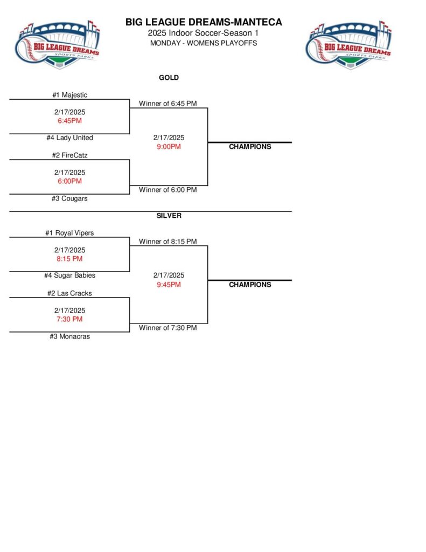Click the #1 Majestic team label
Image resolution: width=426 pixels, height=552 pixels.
tap(69, 95)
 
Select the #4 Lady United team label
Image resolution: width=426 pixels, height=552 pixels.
tap(69, 138)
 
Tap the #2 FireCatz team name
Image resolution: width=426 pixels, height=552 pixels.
tap(69, 155)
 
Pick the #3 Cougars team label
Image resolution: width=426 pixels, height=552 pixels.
tap(69, 198)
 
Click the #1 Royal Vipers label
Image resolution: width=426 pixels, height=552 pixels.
tap(69, 233)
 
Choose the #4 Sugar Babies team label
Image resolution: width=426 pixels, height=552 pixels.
tap(69, 275)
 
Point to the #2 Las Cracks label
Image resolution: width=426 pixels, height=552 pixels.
tap(69, 293)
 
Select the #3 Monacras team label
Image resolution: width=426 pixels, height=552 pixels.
tap(69, 336)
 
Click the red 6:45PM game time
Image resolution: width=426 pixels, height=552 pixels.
tap(69, 121)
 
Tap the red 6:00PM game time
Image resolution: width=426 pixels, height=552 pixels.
tap(69, 181)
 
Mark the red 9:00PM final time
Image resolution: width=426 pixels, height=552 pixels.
tap(169, 147)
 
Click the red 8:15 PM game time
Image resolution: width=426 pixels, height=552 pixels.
tap(69, 259)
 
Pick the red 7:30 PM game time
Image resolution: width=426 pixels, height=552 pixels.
tap(69, 319)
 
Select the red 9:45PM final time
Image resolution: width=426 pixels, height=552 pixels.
tap(169, 285)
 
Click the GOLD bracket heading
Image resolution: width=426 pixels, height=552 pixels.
tap(169, 78)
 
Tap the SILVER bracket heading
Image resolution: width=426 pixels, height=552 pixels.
tap(169, 216)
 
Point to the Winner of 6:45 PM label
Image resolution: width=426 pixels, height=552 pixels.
tap(167, 103)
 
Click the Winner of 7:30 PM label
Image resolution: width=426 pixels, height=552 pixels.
tap(167, 328)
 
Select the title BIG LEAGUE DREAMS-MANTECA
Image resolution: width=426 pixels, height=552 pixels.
tap(204, 23)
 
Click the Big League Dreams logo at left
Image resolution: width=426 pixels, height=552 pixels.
tap(57, 44)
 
